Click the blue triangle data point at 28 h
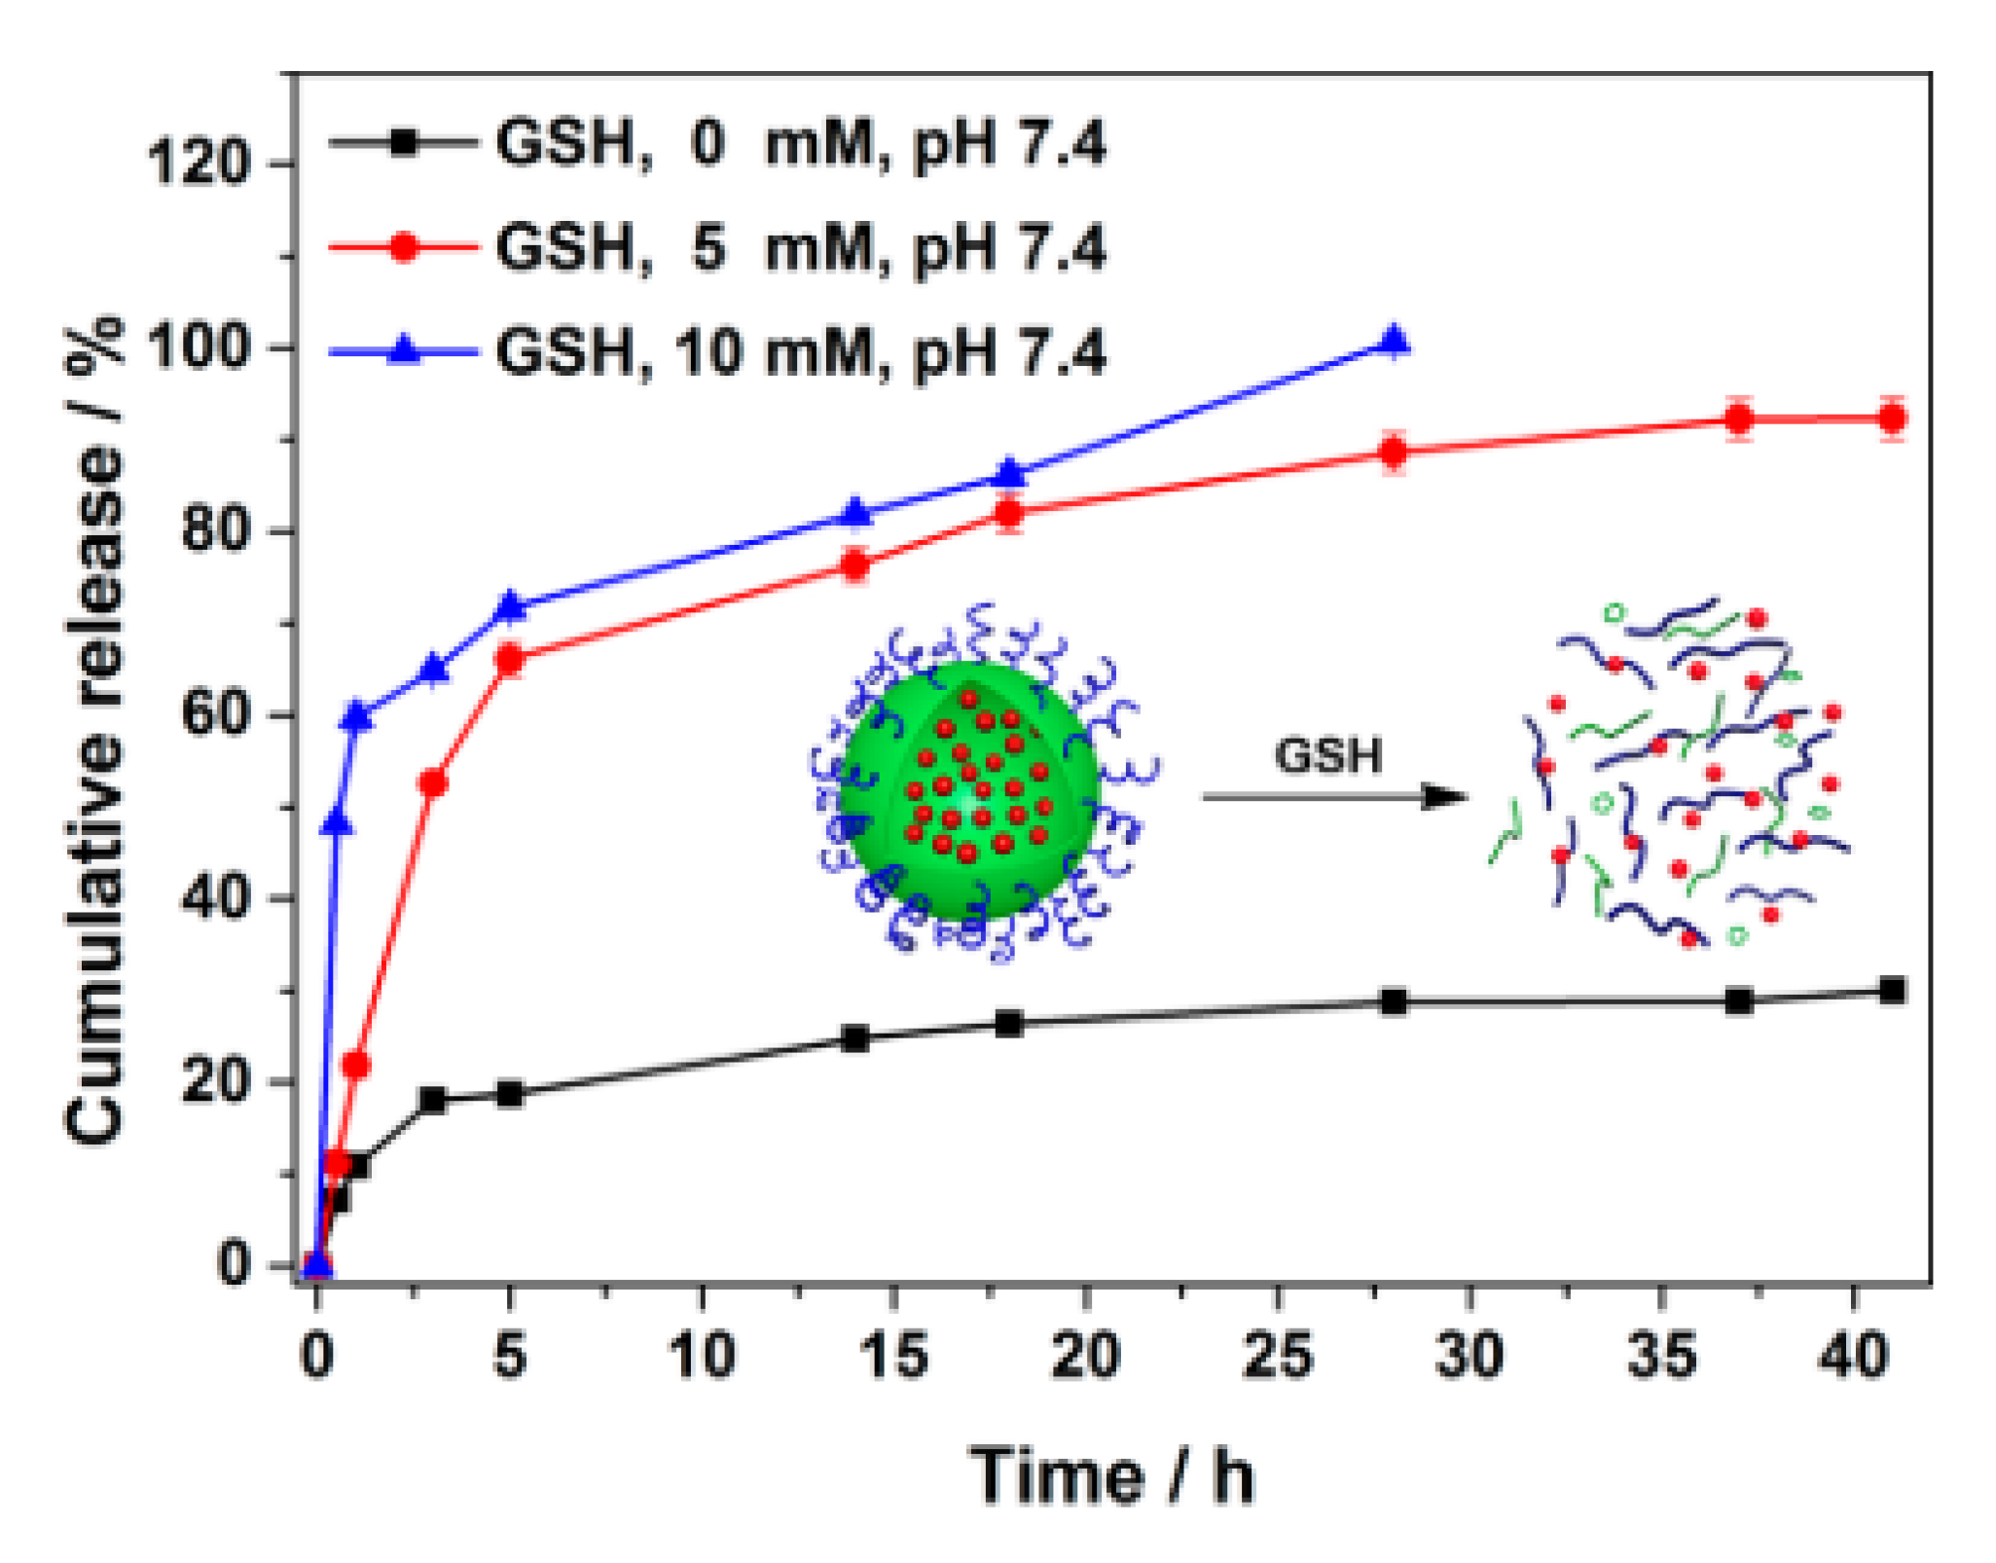pyautogui.click(x=1394, y=342)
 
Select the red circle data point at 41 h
pyautogui.click(x=1892, y=418)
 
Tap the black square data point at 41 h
pyautogui.click(x=1892, y=991)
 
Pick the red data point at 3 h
pyautogui.click(x=432, y=783)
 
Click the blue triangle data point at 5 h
pyautogui.click(x=510, y=606)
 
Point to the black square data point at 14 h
pyautogui.click(x=854, y=1037)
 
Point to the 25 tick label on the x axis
pyautogui.click(x=1277, y=1355)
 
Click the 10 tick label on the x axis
pyautogui.click(x=702, y=1355)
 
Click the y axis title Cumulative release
pyautogui.click(x=94, y=730)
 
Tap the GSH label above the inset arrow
pyautogui.click(x=1328, y=756)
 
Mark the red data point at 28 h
pyautogui.click(x=1394, y=452)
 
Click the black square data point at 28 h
pyautogui.click(x=1394, y=1001)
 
